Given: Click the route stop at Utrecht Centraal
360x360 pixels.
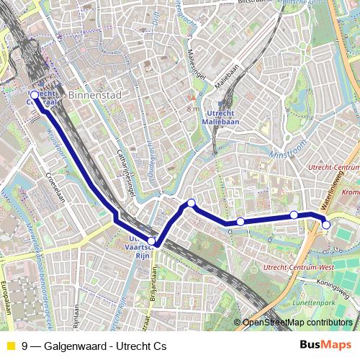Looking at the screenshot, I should tap(35, 94).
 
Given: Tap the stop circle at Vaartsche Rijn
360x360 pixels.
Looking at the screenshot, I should tap(151, 241).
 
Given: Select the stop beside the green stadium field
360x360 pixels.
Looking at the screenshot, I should tap(325, 225).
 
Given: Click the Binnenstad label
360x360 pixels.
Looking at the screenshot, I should tap(91, 95).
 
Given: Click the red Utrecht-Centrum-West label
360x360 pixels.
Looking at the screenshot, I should tap(297, 267).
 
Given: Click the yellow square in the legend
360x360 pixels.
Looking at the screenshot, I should tap(9, 346).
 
